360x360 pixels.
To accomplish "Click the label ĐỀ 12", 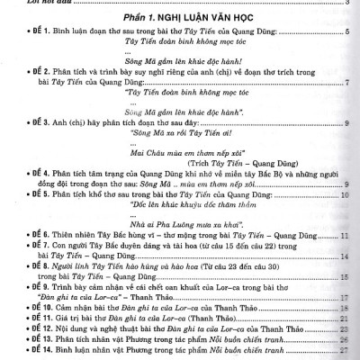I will (x=22, y=329).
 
